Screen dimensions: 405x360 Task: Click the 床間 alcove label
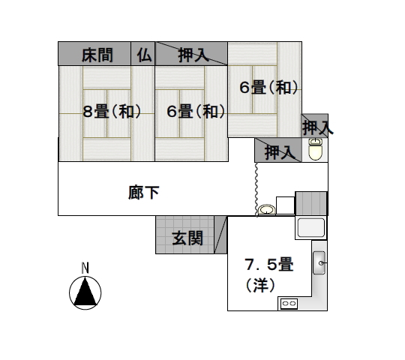pyautogui.click(x=97, y=55)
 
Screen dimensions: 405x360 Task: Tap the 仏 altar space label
pyautogui.click(x=144, y=55)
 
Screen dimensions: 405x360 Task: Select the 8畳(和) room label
pyautogui.click(x=112, y=112)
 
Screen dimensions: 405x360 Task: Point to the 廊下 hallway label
pyautogui.click(x=143, y=193)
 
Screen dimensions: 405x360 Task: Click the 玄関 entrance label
pyautogui.click(x=187, y=238)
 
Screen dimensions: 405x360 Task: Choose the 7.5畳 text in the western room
pyautogui.click(x=269, y=264)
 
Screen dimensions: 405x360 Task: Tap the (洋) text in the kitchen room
pyautogui.click(x=260, y=285)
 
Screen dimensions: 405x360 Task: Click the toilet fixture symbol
pyautogui.click(x=315, y=149)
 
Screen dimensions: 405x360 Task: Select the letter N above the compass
pyautogui.click(x=85, y=268)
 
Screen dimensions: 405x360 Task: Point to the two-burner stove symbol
pyautogui.click(x=289, y=304)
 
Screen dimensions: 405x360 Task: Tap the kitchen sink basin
pyautogui.click(x=319, y=262)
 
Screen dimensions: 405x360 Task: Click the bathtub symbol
pyautogui.click(x=311, y=227)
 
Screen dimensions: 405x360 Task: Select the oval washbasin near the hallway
pyautogui.click(x=267, y=209)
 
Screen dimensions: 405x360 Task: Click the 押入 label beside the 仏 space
pyautogui.click(x=193, y=55)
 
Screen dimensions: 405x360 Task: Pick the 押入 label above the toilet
pyautogui.click(x=318, y=127)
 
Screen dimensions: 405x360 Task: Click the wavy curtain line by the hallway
pyautogui.click(x=256, y=189)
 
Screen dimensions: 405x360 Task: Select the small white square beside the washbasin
pyautogui.click(x=286, y=205)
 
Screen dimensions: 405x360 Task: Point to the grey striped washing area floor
pyautogui.click(x=311, y=203)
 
